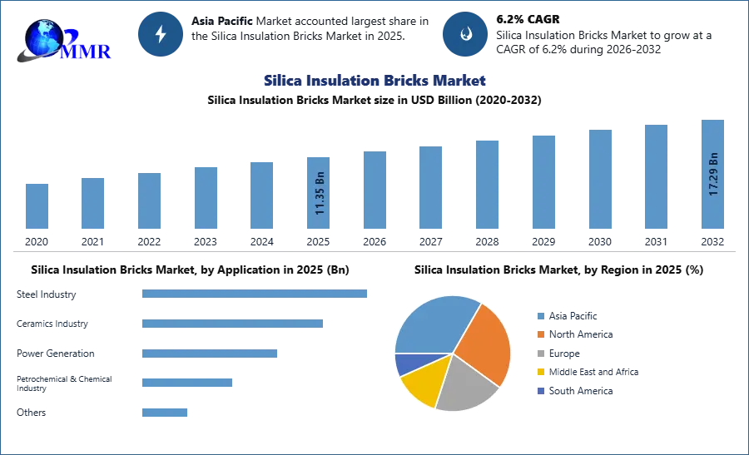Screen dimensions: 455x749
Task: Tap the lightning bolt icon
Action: click(x=161, y=34)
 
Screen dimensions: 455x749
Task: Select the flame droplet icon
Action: click(x=465, y=34)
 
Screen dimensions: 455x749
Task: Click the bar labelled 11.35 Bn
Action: click(x=320, y=192)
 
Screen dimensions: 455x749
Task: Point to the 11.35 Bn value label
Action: click(x=320, y=194)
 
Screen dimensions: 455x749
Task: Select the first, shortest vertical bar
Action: click(x=37, y=205)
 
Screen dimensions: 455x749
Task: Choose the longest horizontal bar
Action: click(x=255, y=293)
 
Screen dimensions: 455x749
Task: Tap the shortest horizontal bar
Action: click(x=166, y=412)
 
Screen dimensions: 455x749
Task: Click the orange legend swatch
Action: click(x=540, y=334)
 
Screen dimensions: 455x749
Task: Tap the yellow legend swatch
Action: click(x=540, y=373)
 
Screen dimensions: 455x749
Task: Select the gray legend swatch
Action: click(x=540, y=354)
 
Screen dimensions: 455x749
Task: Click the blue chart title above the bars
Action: click(x=372, y=81)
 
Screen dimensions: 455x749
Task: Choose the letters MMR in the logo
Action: click(x=87, y=52)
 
